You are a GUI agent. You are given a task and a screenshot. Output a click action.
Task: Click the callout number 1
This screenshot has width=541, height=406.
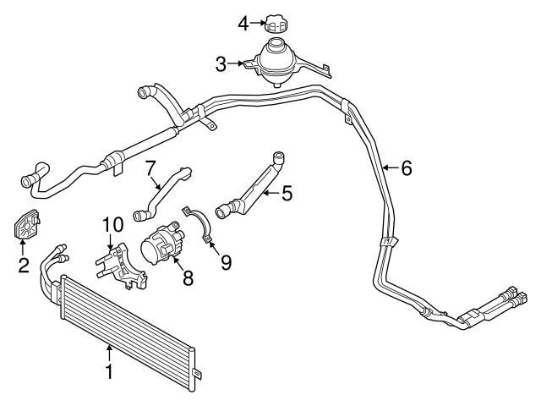pos(108,370)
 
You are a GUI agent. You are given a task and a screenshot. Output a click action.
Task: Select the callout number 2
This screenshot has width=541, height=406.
pos(24,266)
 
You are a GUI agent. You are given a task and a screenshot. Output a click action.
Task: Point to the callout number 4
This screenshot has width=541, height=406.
pos(243,23)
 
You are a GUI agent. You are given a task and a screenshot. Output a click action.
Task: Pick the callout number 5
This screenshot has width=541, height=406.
pos(287,195)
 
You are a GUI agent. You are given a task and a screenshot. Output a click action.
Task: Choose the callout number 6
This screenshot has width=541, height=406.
pos(406,168)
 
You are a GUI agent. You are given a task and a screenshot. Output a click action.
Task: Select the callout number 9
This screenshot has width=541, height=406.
pos(226,263)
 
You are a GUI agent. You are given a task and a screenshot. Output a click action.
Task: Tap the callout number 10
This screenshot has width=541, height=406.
pos(113,225)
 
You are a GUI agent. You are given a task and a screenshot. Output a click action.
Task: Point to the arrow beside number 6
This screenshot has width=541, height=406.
pos(390,168)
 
